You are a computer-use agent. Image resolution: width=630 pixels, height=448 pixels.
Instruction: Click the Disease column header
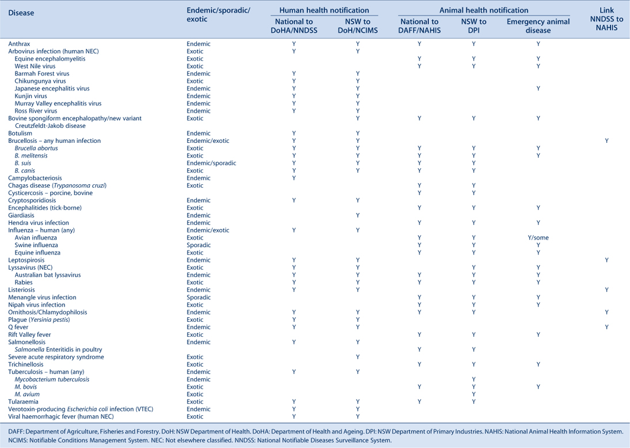(x=21, y=13)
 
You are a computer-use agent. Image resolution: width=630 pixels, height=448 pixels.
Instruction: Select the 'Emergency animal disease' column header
(x=538, y=26)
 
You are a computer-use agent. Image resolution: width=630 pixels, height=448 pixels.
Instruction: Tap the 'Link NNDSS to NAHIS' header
(x=606, y=18)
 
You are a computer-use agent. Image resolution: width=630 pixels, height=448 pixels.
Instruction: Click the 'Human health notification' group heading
(x=324, y=10)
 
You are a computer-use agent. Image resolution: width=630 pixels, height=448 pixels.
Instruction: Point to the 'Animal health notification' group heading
(x=484, y=10)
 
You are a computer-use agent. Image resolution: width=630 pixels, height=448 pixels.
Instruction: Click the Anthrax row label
(x=19, y=44)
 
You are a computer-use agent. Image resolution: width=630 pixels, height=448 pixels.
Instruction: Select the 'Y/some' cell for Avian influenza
(x=538, y=237)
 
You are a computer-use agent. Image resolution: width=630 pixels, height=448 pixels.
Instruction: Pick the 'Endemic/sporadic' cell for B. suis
(x=211, y=163)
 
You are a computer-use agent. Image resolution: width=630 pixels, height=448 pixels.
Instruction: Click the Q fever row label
(x=18, y=327)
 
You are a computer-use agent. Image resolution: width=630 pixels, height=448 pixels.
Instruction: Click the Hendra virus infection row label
(x=39, y=223)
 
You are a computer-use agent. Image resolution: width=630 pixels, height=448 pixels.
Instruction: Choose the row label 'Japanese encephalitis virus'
(x=52, y=89)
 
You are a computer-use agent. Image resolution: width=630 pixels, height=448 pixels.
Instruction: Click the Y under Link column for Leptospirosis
(x=606, y=260)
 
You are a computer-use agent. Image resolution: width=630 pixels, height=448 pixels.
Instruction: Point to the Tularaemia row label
(x=23, y=401)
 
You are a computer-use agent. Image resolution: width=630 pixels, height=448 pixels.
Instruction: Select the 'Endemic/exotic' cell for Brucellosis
(x=208, y=141)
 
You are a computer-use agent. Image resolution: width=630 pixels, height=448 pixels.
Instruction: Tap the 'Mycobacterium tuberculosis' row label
(x=52, y=379)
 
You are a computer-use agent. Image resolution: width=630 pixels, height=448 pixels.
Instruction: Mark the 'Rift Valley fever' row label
(x=29, y=335)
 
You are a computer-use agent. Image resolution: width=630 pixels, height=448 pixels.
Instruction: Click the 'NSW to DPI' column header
(x=474, y=26)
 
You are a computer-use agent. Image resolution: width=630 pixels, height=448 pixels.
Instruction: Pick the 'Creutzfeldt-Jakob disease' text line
(x=50, y=126)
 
